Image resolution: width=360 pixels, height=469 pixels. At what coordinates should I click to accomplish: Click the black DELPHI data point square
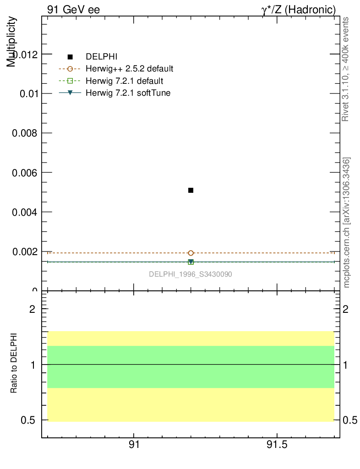click(191, 190)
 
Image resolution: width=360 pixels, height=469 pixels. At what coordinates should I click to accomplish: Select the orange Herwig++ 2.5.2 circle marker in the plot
click(191, 253)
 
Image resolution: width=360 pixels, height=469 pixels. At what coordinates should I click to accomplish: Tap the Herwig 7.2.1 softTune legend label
click(128, 93)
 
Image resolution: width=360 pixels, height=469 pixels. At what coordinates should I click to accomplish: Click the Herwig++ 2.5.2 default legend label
click(130, 69)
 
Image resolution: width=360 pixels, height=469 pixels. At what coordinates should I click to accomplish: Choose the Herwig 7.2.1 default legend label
click(124, 81)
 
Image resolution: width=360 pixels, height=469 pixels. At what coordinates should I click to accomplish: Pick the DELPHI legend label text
click(102, 57)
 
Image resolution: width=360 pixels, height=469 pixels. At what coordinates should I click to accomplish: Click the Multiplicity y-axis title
click(11, 42)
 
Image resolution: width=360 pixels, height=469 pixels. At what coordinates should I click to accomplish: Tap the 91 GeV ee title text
click(73, 10)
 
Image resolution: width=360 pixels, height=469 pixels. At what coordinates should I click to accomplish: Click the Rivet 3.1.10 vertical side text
click(346, 69)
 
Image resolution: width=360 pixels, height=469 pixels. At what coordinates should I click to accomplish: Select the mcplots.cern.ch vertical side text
click(347, 223)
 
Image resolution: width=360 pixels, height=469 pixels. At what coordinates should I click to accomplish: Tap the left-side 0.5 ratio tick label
click(28, 420)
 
